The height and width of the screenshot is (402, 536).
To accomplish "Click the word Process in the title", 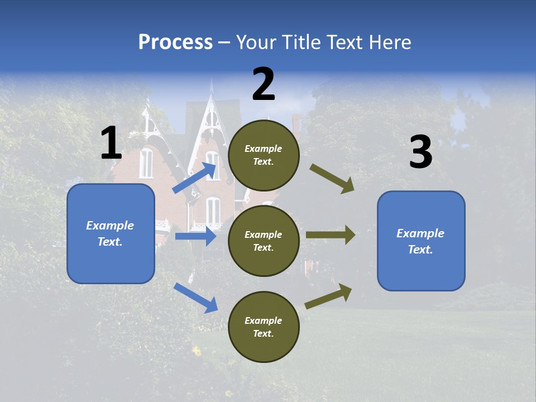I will (175, 42).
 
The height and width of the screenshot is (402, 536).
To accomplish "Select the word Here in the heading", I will (387, 42).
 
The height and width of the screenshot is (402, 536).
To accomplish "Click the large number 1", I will (111, 144).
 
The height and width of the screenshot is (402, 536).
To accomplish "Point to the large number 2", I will (264, 84).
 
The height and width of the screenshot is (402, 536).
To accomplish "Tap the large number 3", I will (420, 152).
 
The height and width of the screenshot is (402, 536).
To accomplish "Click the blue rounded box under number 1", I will (111, 233).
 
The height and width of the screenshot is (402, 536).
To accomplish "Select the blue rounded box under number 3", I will (421, 241).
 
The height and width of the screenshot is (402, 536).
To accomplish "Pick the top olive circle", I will (264, 155).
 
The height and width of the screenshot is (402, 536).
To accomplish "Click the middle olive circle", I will (264, 241).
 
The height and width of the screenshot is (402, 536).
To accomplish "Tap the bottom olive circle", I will (264, 327).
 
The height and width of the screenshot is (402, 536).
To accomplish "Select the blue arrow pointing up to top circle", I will (195, 178).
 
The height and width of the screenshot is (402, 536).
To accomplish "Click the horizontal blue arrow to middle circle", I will (195, 236).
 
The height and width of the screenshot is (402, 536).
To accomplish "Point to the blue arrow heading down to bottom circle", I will (196, 297).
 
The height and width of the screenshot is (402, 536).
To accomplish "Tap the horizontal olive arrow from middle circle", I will (331, 235).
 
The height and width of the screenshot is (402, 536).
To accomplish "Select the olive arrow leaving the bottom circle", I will (328, 296).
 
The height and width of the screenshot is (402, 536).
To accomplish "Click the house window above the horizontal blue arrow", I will (213, 210).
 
